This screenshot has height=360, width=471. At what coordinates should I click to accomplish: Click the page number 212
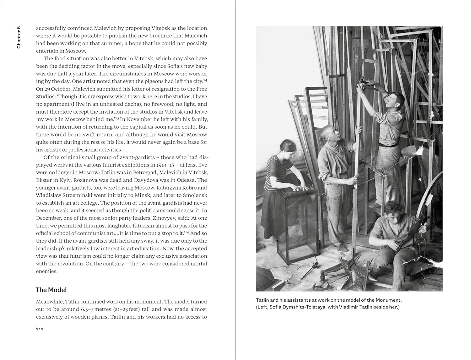point(40,329)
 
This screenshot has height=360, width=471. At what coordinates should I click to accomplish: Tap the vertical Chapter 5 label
point(19,37)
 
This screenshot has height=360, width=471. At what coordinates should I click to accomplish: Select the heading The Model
point(51,290)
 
